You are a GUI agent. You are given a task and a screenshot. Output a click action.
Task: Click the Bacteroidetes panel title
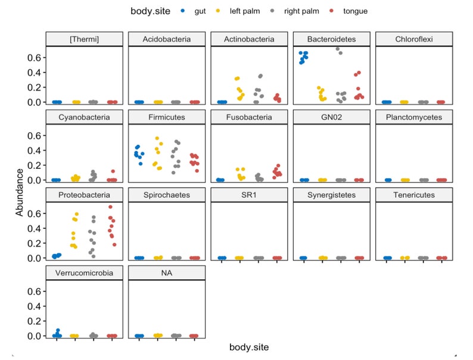331,39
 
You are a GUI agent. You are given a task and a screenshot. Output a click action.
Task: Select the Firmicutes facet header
167,117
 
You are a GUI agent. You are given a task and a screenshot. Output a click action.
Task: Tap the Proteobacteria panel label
84,195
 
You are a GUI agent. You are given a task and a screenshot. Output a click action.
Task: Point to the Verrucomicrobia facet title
84,274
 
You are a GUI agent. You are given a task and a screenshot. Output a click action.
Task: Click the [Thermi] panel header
84,39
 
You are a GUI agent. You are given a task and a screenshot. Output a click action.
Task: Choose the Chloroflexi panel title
414,39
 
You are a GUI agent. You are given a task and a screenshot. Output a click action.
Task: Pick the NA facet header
167,274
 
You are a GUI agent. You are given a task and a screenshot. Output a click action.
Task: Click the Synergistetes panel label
331,195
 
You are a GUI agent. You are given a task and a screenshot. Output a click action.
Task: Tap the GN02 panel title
331,117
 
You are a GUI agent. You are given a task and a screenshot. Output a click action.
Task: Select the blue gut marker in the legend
182,11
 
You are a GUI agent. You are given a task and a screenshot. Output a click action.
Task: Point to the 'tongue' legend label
355,11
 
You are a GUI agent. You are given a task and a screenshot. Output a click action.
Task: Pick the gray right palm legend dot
273,11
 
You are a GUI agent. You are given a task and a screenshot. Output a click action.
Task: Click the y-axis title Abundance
20,192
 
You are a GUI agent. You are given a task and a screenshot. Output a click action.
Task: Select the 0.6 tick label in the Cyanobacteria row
35,135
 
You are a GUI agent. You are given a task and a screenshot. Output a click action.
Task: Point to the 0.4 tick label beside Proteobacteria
35,228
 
